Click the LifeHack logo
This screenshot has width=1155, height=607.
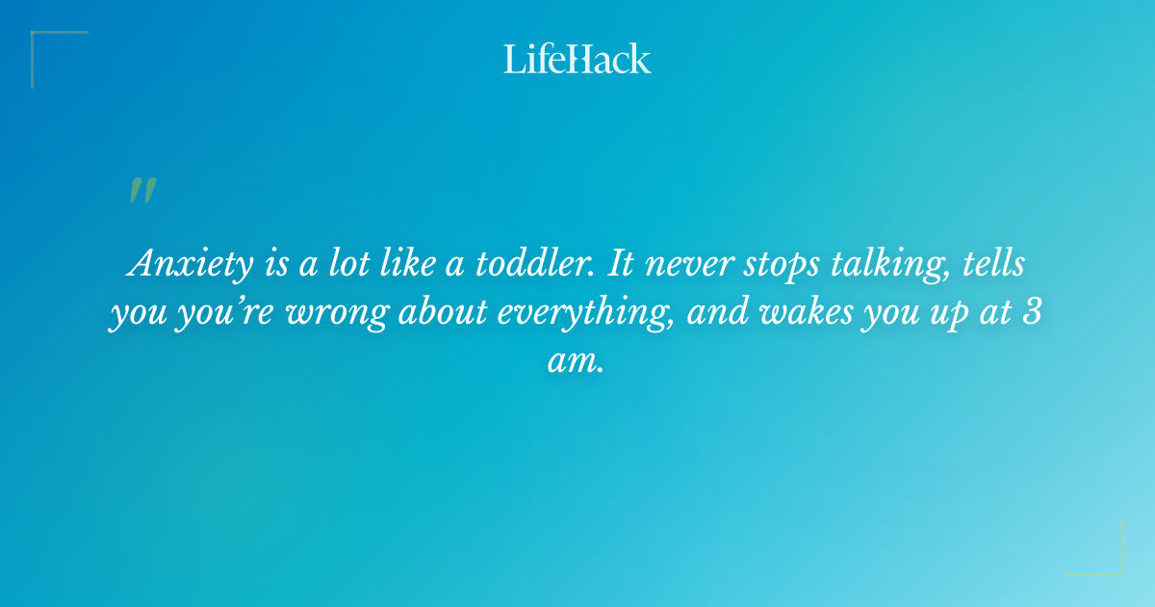pyautogui.click(x=577, y=59)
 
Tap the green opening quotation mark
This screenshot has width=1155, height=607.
pyautogui.click(x=142, y=192)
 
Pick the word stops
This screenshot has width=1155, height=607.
pyautogui.click(x=771, y=265)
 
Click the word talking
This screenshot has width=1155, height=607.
pyautogui.click(x=881, y=265)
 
